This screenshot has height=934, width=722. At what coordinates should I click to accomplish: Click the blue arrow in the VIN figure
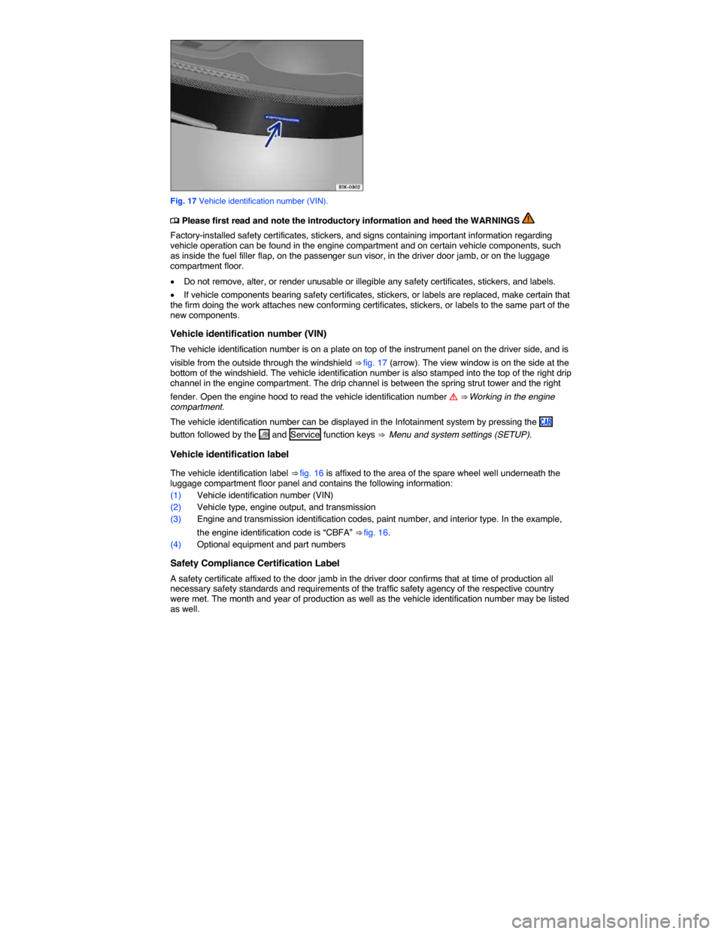273,135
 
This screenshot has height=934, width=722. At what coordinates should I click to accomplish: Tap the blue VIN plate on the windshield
282,119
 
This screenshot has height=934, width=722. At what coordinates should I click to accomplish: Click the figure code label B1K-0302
349,187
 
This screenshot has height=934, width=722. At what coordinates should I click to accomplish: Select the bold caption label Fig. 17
184,201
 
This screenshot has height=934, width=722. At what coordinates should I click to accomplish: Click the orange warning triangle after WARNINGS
528,218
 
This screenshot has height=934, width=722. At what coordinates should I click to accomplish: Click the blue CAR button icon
546,422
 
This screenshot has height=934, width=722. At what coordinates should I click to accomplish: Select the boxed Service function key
305,435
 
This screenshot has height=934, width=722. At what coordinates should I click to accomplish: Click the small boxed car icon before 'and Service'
264,435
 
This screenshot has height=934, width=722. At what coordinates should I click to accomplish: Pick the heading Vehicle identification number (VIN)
248,334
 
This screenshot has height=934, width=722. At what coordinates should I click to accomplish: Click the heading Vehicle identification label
229,454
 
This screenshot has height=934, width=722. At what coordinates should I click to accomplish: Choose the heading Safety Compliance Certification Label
255,563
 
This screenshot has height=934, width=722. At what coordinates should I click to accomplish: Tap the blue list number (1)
176,495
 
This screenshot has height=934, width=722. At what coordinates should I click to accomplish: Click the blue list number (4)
176,544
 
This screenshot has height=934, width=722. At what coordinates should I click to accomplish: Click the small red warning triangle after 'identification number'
453,397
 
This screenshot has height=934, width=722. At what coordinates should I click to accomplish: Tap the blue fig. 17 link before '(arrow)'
375,362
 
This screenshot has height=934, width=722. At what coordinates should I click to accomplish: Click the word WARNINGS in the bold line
495,221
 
